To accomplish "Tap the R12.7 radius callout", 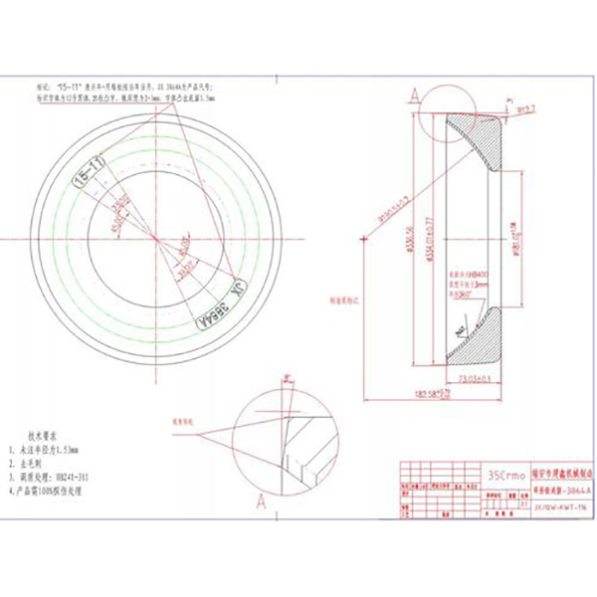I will [x=525, y=109].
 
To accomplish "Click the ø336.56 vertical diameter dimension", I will [x=409, y=236].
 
